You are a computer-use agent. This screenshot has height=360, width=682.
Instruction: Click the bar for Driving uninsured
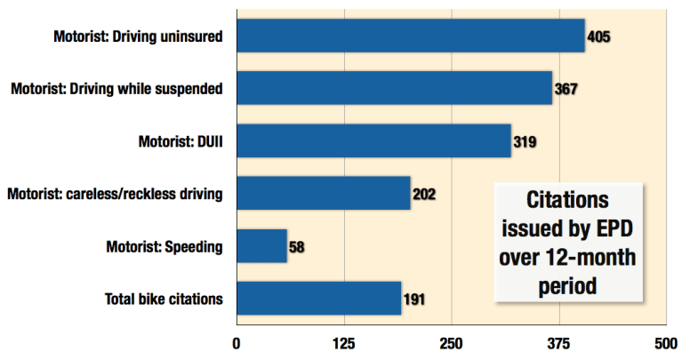point(410,36)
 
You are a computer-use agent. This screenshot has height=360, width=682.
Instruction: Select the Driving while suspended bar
point(394,88)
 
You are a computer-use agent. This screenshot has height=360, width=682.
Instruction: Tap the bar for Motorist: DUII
point(373,140)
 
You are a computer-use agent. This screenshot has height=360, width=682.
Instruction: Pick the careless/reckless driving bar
point(323,193)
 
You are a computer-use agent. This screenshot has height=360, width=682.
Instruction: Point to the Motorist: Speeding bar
point(261,245)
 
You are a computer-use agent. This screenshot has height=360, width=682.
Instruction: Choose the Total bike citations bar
point(318,298)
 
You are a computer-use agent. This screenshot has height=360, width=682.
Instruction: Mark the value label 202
point(425,194)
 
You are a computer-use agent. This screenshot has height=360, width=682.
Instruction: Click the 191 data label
point(414,299)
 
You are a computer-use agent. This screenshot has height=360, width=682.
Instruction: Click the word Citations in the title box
point(567,198)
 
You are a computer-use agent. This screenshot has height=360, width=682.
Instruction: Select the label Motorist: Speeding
point(164,246)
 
